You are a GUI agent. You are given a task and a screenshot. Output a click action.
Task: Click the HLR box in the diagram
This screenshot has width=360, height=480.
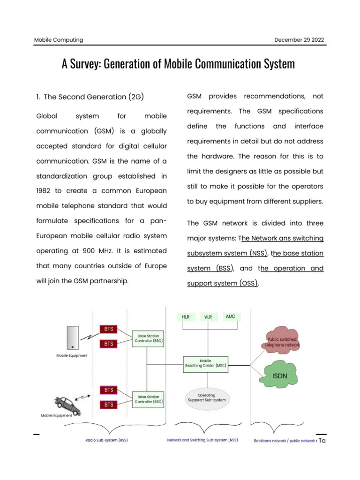coord(186,317)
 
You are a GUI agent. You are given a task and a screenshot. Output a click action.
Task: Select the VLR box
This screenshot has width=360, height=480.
coord(208,317)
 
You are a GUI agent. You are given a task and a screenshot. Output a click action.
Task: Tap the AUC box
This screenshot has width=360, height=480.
coord(230,317)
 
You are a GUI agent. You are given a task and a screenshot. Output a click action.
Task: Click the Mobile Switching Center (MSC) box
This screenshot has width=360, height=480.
coord(206,364)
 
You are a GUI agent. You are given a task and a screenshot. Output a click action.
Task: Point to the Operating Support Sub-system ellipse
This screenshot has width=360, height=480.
coord(207,398)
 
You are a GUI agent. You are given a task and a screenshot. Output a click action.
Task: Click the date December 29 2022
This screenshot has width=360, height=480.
coord(299,40)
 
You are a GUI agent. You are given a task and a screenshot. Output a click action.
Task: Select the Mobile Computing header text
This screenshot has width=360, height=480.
coord(59,40)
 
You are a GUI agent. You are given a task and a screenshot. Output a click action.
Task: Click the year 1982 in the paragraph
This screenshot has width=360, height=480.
coord(45,191)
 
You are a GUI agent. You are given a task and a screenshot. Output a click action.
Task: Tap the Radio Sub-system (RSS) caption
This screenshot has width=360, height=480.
coord(106,441)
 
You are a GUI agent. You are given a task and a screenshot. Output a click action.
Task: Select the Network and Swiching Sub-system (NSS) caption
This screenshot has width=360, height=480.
coord(202,441)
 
